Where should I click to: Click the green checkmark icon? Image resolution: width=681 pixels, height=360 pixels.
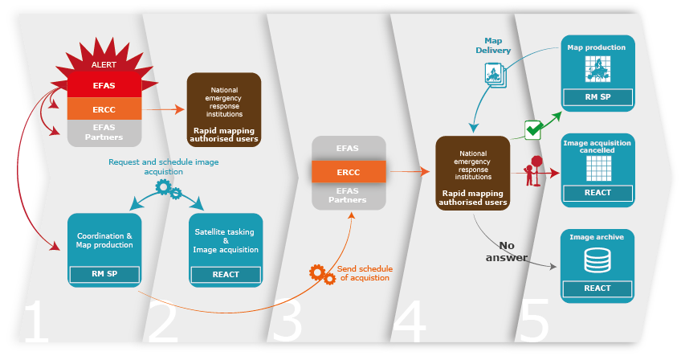pyautogui.click(x=535, y=129)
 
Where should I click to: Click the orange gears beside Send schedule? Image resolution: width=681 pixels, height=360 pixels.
pyautogui.click(x=323, y=275)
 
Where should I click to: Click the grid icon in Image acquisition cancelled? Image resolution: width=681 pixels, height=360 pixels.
pyautogui.click(x=597, y=167)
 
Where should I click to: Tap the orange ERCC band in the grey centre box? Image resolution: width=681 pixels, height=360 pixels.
pyautogui.click(x=349, y=171)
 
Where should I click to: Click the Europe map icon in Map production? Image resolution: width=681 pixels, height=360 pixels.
pyautogui.click(x=597, y=70)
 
